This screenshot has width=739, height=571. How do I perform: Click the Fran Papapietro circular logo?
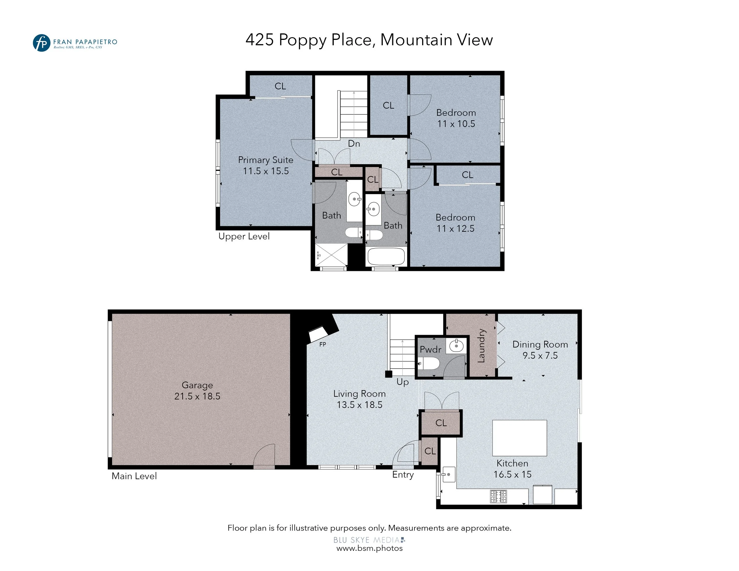coord(41,43)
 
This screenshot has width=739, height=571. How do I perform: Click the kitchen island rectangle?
coord(519,438)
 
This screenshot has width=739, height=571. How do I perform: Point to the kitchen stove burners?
coord(498,496)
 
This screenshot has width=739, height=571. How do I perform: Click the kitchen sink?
coord(448,474)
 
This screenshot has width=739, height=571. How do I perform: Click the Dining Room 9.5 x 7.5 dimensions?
coord(540,356)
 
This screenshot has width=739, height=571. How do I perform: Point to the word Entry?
coord(403,475)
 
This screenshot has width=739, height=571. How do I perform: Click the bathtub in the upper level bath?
coord(386,257)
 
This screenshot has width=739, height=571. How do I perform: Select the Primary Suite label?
coord(266,160)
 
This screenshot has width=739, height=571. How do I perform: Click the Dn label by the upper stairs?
coord(354,143)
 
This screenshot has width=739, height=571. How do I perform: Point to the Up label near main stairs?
coord(403,382)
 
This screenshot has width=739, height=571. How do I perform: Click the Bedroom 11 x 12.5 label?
coord(456,223)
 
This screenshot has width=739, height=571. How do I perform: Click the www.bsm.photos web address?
coord(369,548)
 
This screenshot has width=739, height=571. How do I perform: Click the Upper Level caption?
coord(244,236)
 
